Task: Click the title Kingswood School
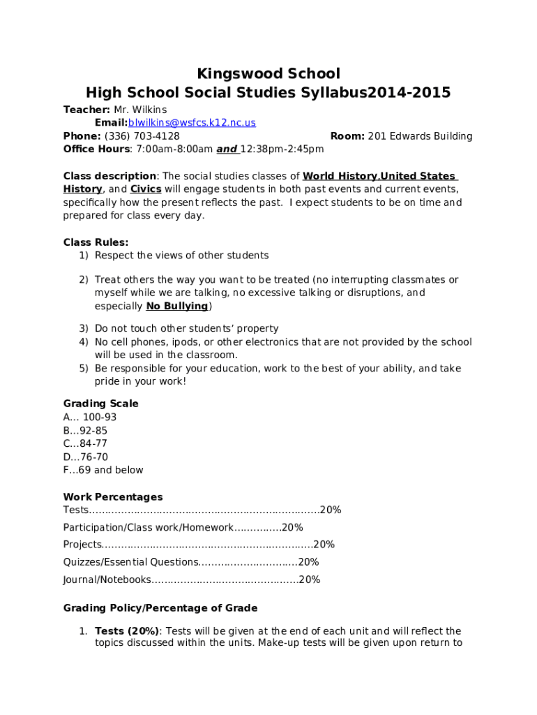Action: click(268, 74)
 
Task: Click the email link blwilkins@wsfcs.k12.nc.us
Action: click(192, 123)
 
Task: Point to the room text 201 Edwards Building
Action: click(420, 136)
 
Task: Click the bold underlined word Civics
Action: click(146, 189)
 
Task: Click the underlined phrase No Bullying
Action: click(176, 307)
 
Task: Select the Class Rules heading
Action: click(96, 242)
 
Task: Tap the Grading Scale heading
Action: click(100, 404)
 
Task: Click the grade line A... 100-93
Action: click(90, 418)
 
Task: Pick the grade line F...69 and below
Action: click(103, 470)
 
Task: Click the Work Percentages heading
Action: click(113, 497)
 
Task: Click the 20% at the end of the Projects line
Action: click(324, 545)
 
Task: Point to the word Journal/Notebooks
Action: click(107, 580)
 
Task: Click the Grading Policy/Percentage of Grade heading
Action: click(160, 608)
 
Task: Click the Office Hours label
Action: click(96, 149)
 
